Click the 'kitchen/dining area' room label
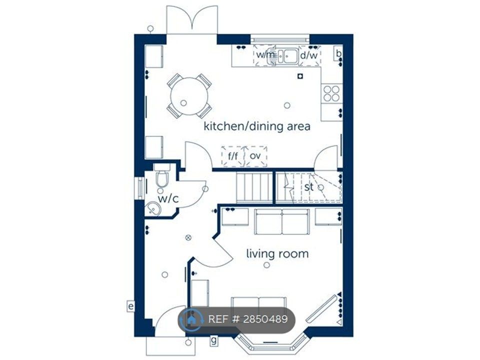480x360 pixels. tap(256, 126)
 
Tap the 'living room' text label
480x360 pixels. tap(277, 253)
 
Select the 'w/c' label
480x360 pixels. tap(168, 198)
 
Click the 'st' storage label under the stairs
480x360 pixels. tap(308, 187)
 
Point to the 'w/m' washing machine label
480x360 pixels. tap(265, 54)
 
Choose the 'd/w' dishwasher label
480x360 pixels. tap(308, 54)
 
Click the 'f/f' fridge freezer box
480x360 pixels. tap(233, 156)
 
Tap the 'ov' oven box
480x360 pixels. tap(255, 156)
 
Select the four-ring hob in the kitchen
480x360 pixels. tap(331, 93)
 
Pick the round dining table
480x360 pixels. tap(189, 95)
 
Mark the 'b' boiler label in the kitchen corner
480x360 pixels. tap(338, 53)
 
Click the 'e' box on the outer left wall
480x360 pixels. tap(130, 306)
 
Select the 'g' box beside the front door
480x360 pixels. tap(213, 341)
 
